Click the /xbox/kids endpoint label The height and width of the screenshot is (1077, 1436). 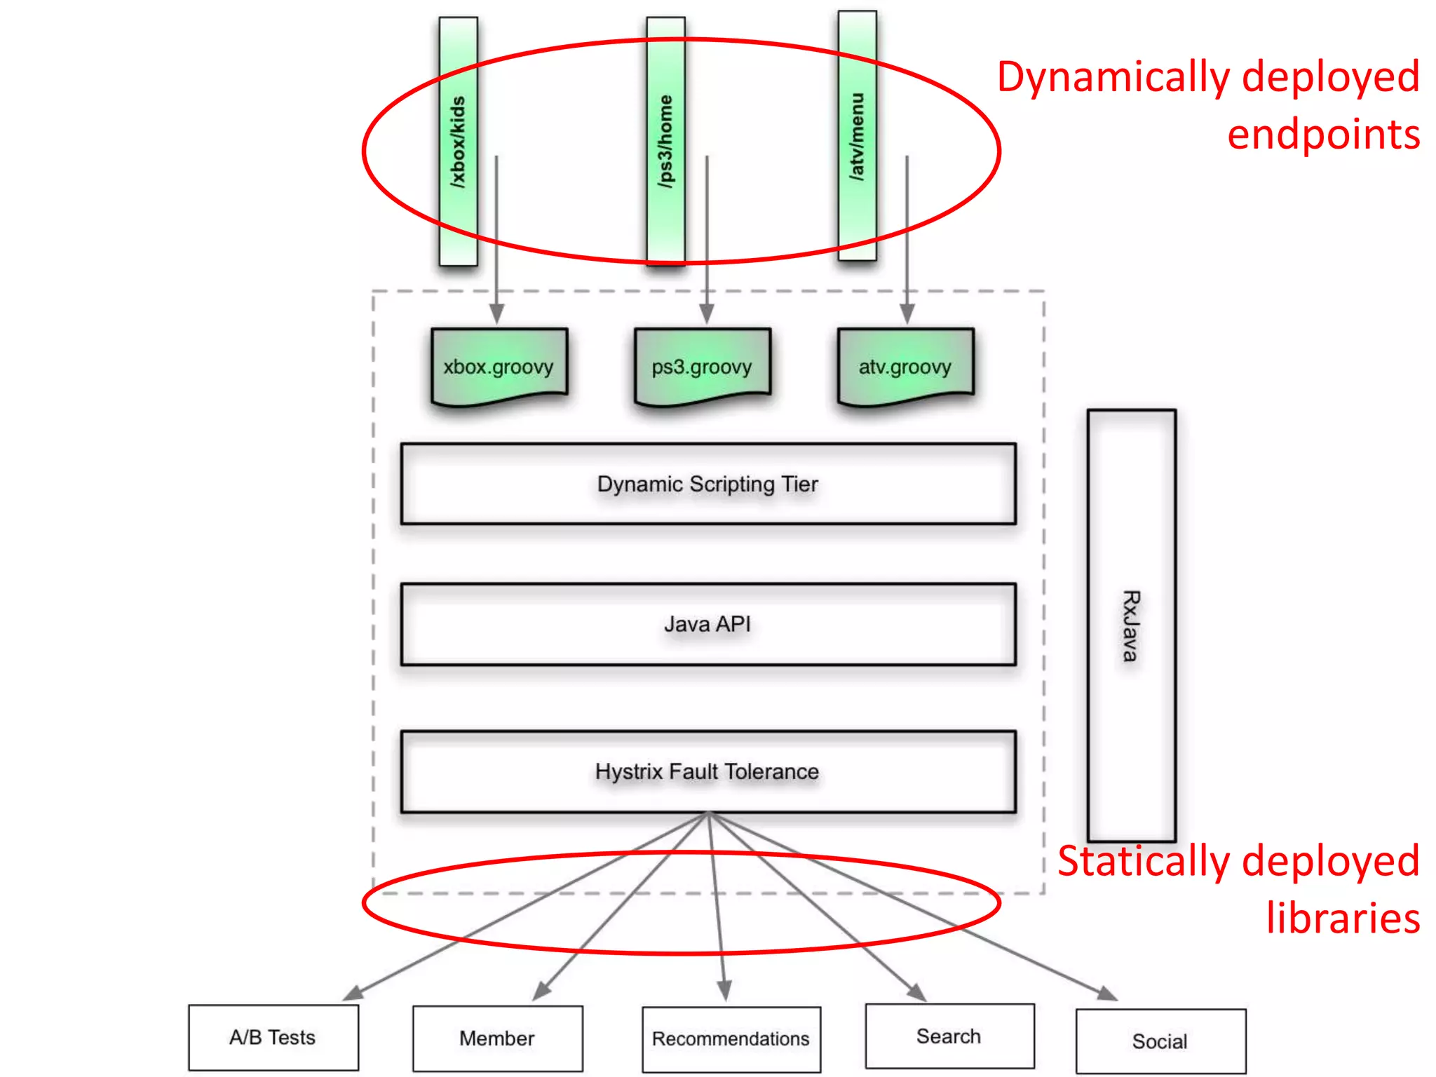458,142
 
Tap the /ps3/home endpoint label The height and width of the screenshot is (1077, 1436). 665,142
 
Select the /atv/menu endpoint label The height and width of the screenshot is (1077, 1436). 857,137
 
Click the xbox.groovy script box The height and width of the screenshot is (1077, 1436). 499,367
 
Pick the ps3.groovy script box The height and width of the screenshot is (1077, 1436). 702,367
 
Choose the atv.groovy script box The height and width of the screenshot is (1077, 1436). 905,367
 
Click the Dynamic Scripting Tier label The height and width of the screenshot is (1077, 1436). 707,484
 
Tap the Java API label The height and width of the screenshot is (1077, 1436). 707,624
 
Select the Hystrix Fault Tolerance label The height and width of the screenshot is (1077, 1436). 707,771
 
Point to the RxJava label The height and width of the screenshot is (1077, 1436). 1130,625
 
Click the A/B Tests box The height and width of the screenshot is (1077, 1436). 273,1038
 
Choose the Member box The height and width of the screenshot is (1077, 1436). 497,1038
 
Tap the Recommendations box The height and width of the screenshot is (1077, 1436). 731,1039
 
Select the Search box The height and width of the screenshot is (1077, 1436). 949,1036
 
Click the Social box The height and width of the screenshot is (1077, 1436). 1160,1041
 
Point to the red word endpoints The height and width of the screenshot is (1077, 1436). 1323,135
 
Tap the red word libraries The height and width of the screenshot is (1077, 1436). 1343,919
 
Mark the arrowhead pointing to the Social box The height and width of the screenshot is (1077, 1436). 1107,993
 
